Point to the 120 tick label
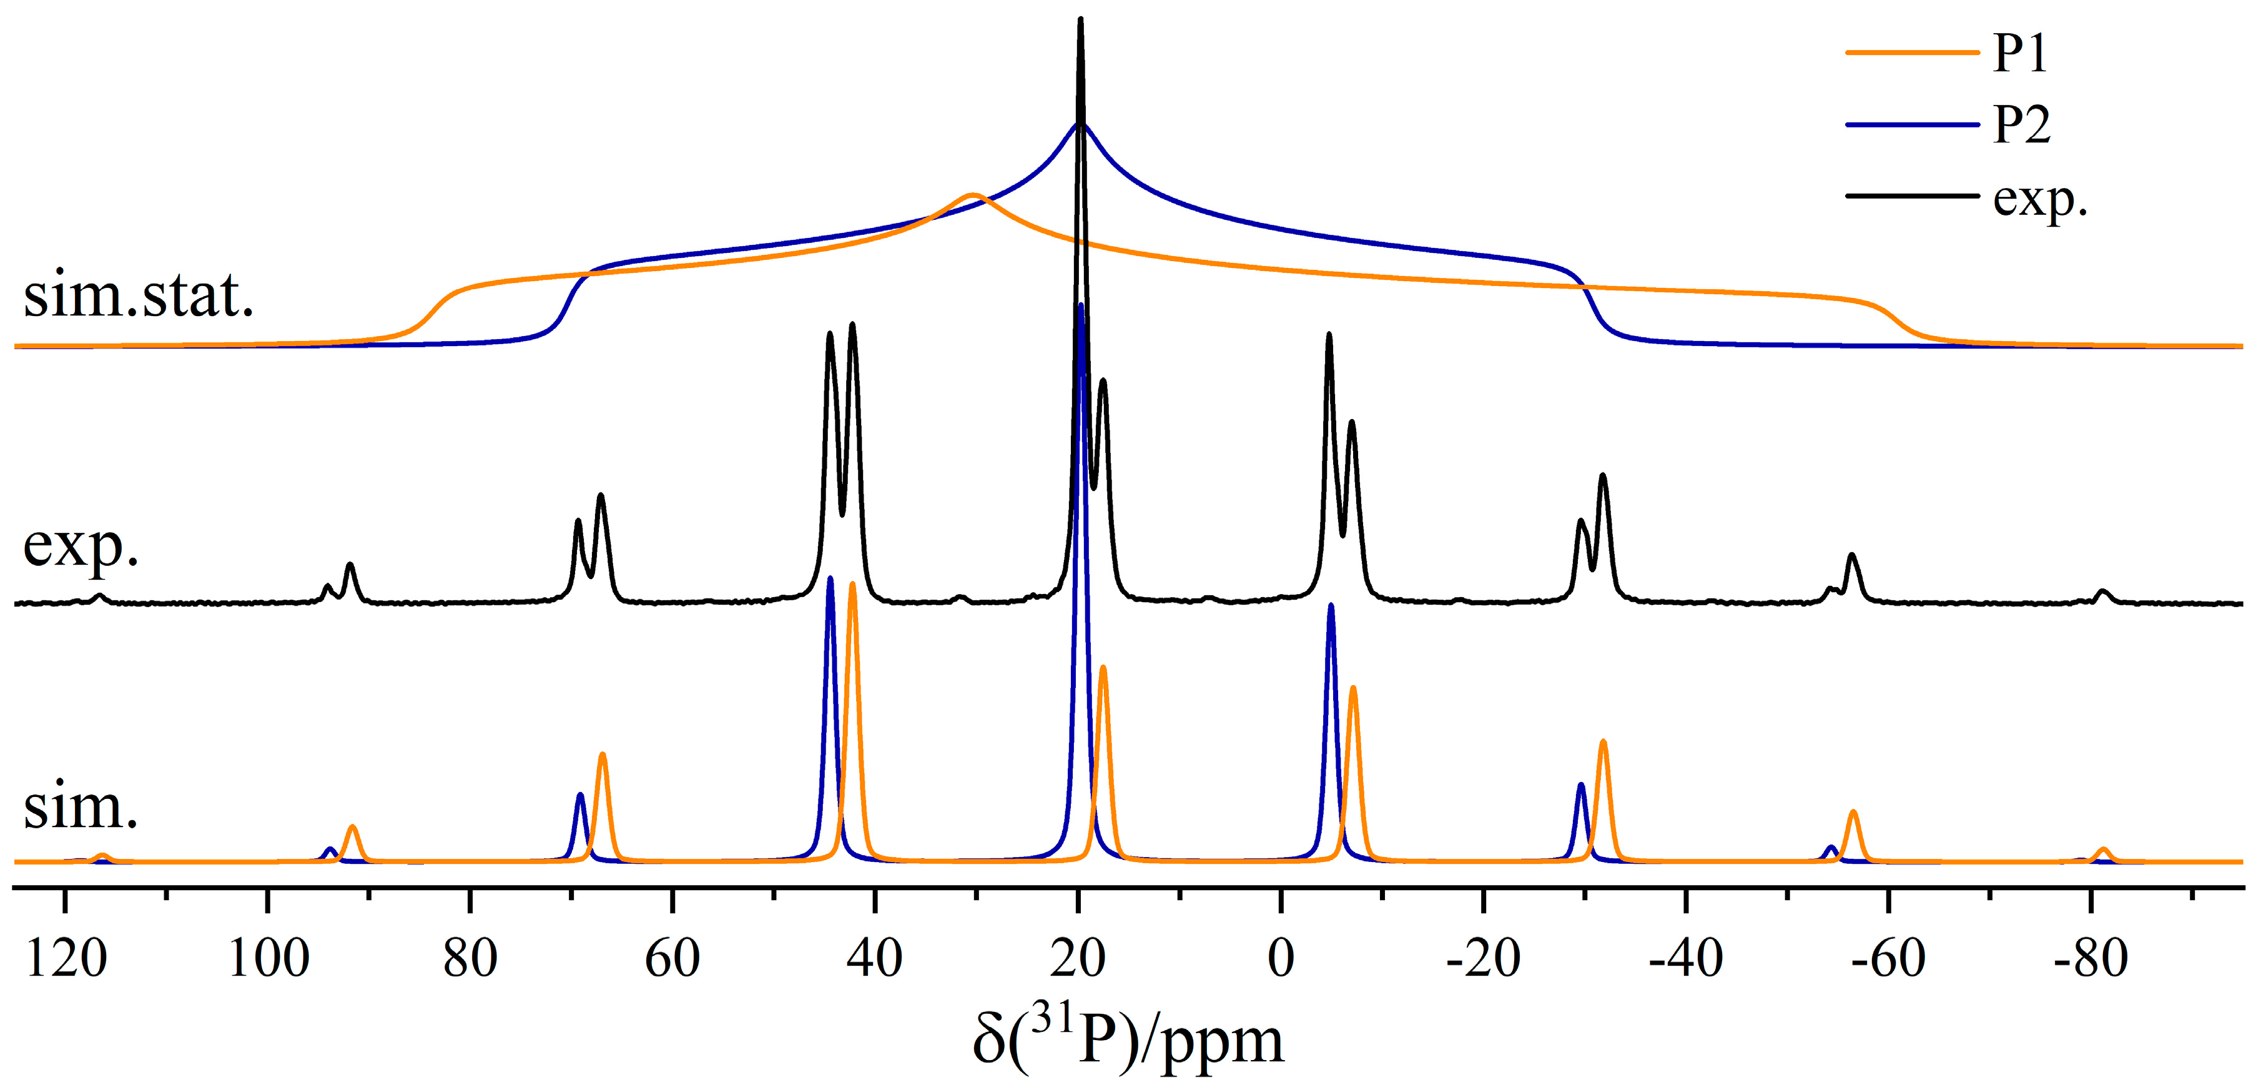click(67, 958)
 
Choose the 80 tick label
click(470, 958)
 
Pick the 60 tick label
click(672, 958)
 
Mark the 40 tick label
click(875, 958)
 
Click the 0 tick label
click(1281, 958)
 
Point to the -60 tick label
click(1888, 958)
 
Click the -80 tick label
click(2090, 958)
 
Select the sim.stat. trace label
click(139, 295)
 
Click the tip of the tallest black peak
click(1080, 19)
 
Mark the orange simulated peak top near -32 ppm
click(1603, 742)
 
